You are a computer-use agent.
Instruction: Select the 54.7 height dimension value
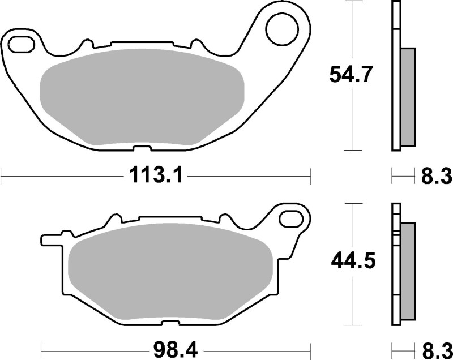coord(351,74)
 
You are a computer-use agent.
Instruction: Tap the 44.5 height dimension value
coord(352,262)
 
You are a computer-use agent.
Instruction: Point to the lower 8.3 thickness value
coord(436,348)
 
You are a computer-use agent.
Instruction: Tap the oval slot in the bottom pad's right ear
coord(293,217)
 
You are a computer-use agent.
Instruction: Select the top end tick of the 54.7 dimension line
coord(353,2)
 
